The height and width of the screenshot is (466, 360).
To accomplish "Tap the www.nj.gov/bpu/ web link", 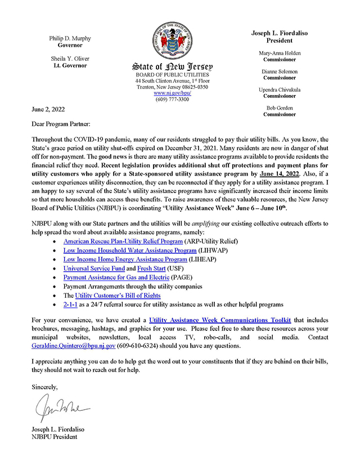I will [172, 93].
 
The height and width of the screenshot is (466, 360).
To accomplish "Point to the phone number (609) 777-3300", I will [172, 99].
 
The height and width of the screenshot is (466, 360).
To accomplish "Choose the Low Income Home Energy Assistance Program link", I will [125, 259].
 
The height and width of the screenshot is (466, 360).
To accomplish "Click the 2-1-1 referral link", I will [70, 305].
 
